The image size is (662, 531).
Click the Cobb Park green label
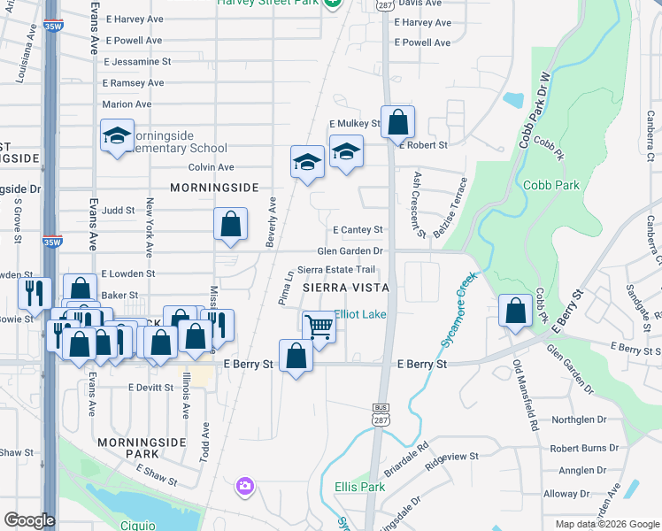tap(550, 185)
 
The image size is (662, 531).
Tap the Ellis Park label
tap(359, 487)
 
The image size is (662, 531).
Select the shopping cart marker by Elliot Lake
tap(319, 326)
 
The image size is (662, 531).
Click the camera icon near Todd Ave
tap(245, 486)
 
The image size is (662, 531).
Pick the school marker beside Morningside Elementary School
tap(116, 136)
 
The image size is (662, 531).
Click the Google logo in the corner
tap(28, 520)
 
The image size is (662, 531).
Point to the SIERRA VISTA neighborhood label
tap(346, 289)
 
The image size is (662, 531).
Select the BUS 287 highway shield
tap(378, 410)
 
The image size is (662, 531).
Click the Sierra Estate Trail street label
tap(336, 269)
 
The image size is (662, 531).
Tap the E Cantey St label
tap(358, 230)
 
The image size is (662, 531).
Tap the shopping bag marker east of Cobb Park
tap(515, 312)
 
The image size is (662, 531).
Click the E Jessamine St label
tap(137, 62)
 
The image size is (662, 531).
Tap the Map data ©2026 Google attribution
tap(607, 524)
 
